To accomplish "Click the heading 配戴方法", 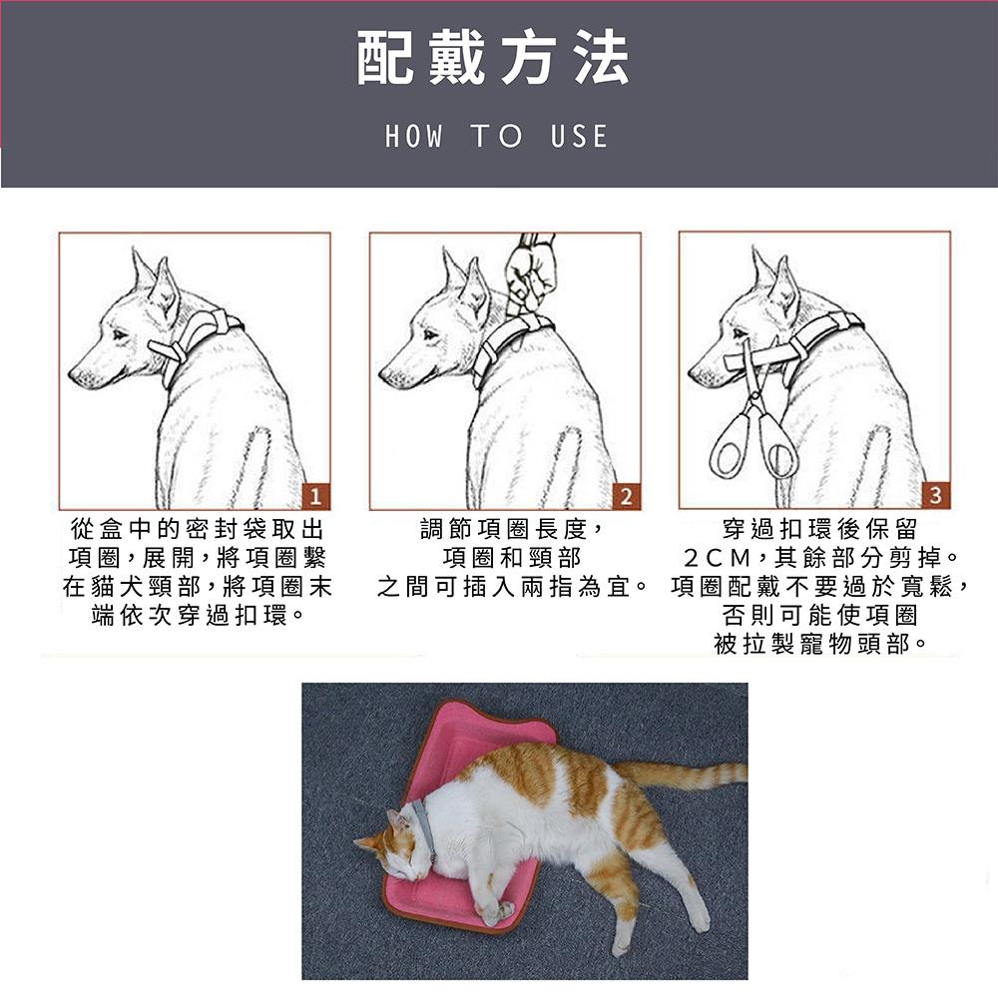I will click(x=494, y=59).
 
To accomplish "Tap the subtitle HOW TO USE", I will click(x=496, y=137).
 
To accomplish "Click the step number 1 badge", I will click(x=315, y=496).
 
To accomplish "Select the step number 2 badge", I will click(x=626, y=496).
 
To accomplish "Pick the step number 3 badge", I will click(x=935, y=496).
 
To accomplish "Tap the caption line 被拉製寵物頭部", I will click(x=819, y=645).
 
